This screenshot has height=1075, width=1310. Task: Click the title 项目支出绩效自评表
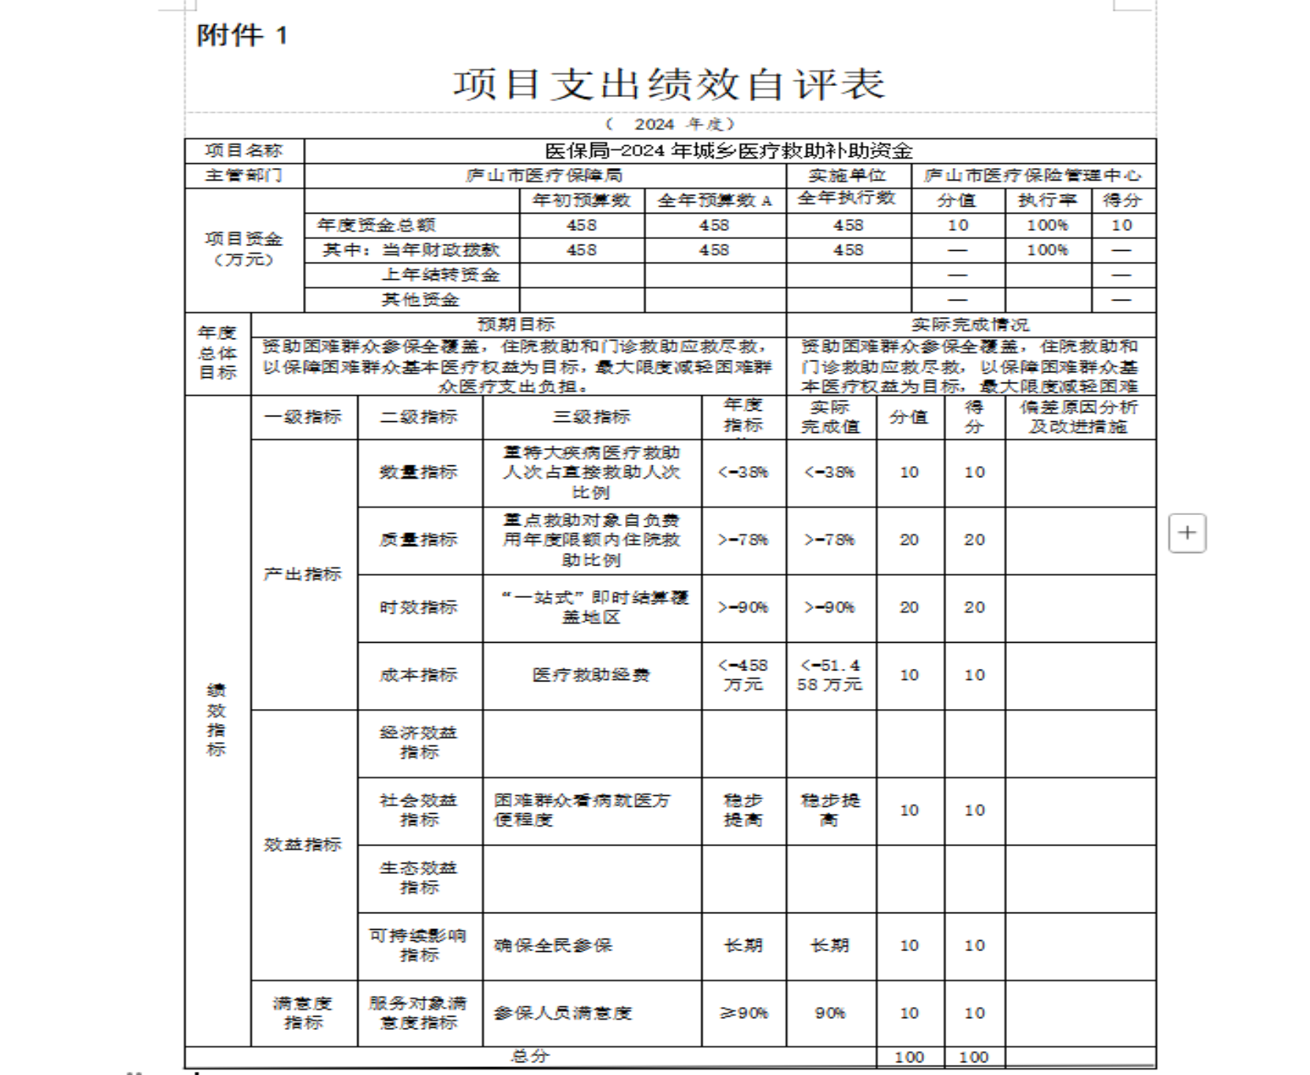tap(668, 84)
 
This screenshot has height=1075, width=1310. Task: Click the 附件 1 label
tap(242, 35)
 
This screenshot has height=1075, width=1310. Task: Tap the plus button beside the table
tap(1187, 533)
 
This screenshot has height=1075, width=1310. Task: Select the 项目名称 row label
tap(244, 151)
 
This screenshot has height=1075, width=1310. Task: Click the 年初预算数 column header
tap(582, 200)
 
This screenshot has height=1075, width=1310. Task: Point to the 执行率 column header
tap(1047, 200)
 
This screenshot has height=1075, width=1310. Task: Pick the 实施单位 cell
tap(848, 175)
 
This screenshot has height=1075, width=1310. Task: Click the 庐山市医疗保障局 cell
tap(545, 175)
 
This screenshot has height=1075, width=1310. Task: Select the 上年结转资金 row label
tap(440, 275)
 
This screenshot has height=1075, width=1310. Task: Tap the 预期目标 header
tap(517, 324)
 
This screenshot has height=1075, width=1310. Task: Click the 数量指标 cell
tap(419, 472)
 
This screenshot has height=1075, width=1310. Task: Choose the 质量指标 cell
tap(419, 539)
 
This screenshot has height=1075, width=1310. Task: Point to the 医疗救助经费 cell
tap(591, 675)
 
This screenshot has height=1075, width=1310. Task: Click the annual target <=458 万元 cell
tap(743, 675)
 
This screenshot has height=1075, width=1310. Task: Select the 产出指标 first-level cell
tap(303, 574)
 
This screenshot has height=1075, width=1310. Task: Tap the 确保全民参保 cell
tap(553, 945)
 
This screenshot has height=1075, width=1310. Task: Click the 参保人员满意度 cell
tap(563, 1013)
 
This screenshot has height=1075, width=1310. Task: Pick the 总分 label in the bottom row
tap(530, 1056)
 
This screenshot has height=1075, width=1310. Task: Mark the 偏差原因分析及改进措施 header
tap(1079, 416)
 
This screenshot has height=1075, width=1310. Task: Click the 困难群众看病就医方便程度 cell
tap(582, 810)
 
